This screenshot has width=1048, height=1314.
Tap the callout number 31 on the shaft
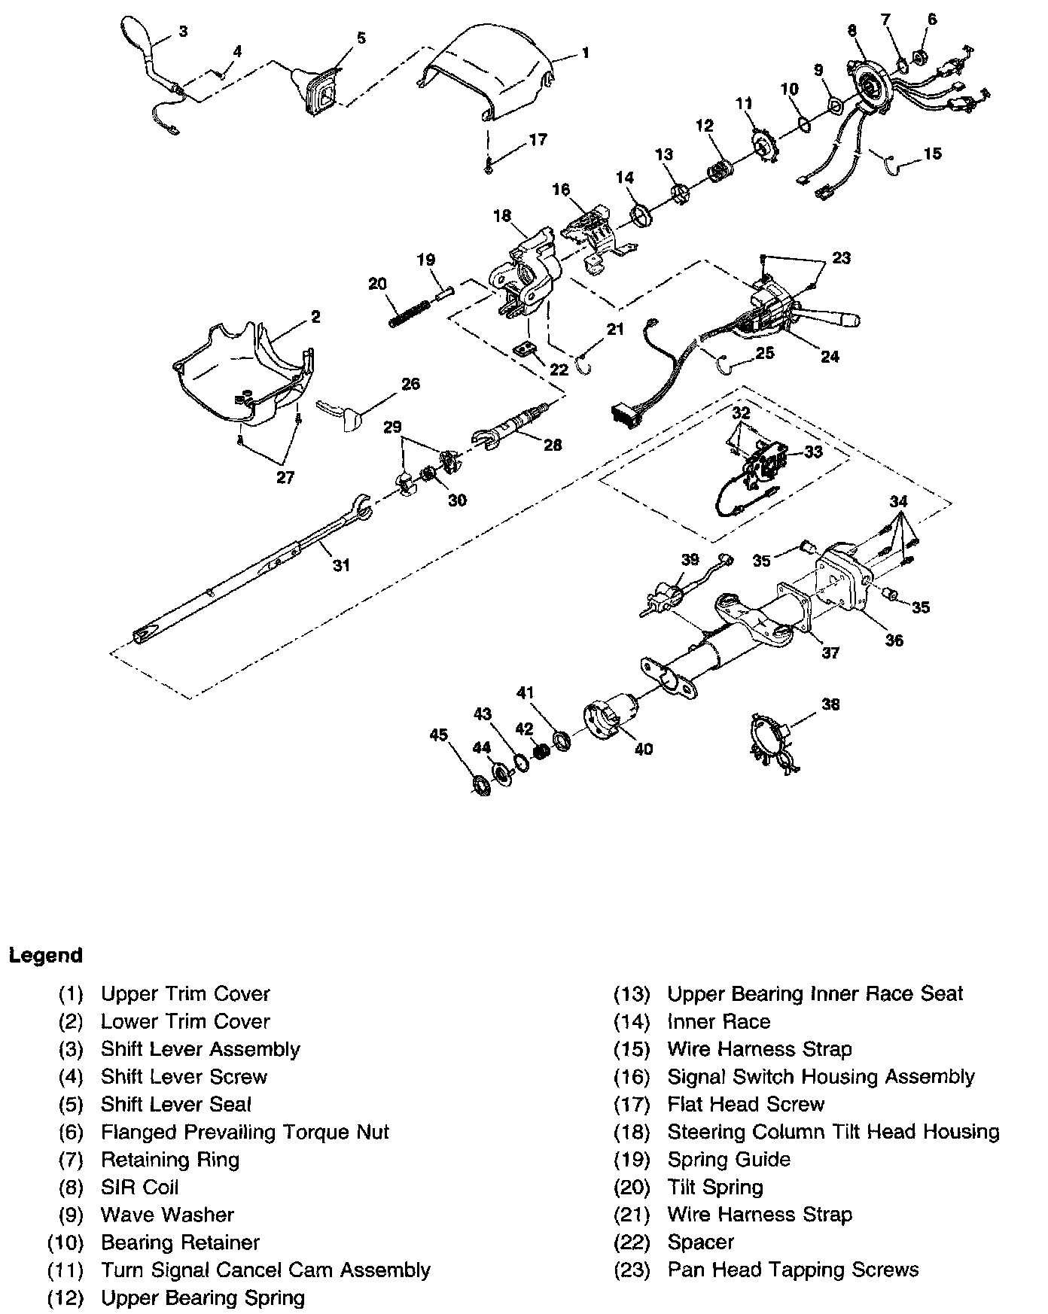point(342,565)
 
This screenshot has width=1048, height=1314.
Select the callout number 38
point(830,704)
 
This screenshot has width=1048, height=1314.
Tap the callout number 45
point(438,734)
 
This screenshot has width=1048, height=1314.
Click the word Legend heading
point(45,956)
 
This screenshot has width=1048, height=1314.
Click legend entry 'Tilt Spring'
point(715,1188)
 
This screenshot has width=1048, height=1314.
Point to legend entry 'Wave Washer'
point(167,1215)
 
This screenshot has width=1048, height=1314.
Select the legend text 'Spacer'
point(700,1243)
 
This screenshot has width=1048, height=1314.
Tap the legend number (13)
point(632,994)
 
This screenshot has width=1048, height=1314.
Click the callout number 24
point(830,357)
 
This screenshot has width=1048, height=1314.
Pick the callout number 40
point(644,749)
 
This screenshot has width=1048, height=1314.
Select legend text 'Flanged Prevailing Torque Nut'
point(245,1132)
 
